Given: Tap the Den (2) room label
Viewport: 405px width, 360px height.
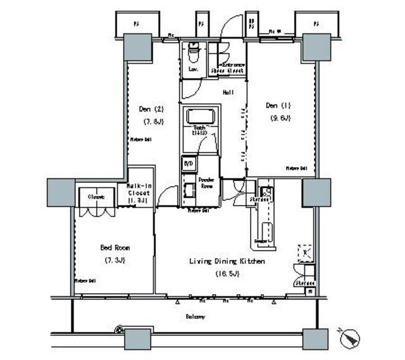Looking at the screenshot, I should pyautogui.click(x=151, y=108).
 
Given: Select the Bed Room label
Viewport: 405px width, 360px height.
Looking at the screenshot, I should pyautogui.click(x=113, y=247).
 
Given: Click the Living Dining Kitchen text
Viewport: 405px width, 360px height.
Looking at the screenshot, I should pyautogui.click(x=227, y=261).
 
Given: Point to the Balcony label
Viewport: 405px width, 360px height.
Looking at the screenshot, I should pyautogui.click(x=195, y=316).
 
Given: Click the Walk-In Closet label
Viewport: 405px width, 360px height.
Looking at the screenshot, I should pyautogui.click(x=139, y=189).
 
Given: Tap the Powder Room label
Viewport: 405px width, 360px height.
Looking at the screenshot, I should pyautogui.click(x=207, y=183).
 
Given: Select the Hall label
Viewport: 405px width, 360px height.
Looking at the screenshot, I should pyautogui.click(x=228, y=93).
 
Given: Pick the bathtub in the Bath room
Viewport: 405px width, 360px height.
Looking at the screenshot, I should pyautogui.click(x=201, y=117).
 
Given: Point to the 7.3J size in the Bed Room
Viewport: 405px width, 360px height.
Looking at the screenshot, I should pyautogui.click(x=113, y=261).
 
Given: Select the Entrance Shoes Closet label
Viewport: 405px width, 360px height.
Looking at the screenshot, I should pyautogui.click(x=232, y=68).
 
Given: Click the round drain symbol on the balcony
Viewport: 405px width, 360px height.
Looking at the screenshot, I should pyautogui.click(x=118, y=330).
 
